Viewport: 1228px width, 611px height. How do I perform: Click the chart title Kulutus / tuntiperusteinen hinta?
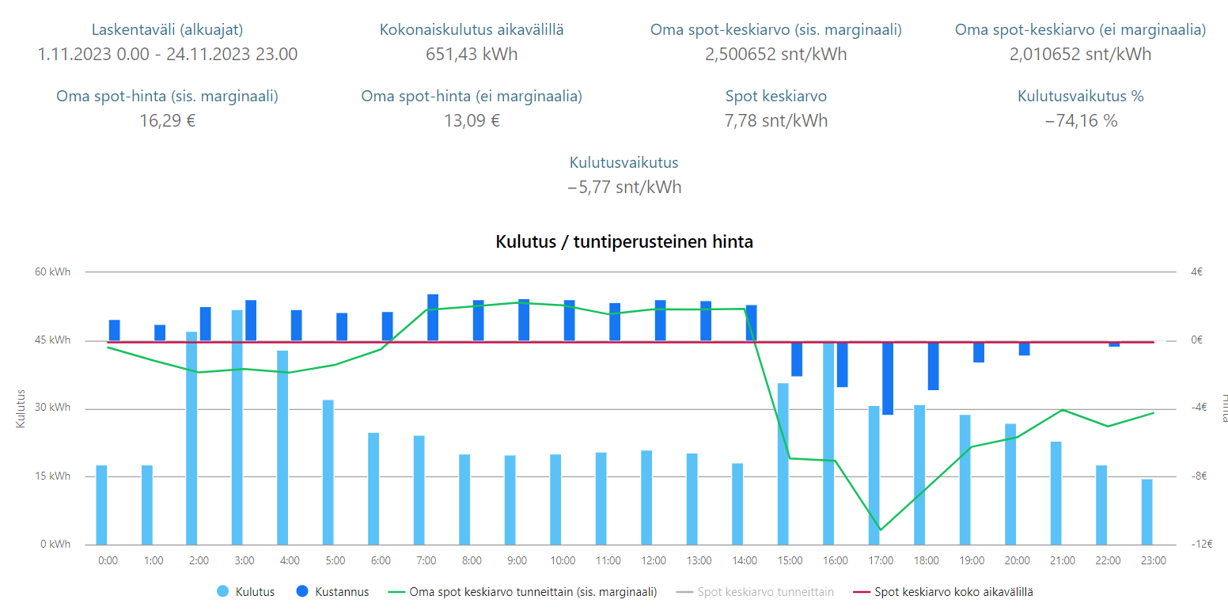[624, 242]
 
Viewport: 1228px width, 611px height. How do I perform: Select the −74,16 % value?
[1080, 121]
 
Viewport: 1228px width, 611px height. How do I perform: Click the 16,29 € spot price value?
[167, 121]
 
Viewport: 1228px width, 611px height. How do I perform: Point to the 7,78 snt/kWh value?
[776, 121]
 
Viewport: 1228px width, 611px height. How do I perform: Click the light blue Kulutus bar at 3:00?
[237, 427]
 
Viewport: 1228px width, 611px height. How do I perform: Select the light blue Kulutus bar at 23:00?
[1147, 511]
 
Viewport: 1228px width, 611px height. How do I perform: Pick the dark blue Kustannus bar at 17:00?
[888, 378]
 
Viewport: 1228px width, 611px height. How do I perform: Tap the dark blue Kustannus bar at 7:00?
[433, 317]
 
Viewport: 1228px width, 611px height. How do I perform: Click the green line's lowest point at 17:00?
[880, 529]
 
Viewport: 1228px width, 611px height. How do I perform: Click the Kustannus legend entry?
[332, 591]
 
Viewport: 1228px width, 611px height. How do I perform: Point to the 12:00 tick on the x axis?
[654, 560]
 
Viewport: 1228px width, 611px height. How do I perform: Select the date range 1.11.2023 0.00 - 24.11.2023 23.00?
[167, 55]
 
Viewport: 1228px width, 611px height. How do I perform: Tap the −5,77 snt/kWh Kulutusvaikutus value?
[624, 188]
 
